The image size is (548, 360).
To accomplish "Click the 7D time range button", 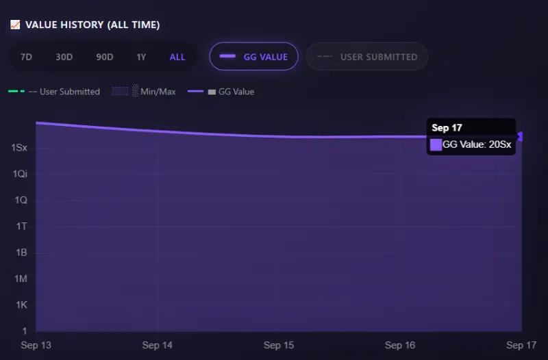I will (26, 57).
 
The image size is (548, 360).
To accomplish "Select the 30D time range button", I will (64, 57).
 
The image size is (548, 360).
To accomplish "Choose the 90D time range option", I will (105, 57).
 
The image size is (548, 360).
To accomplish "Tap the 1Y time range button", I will (141, 57).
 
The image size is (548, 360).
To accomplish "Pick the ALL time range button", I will (177, 57).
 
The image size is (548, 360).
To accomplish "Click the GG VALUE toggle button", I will (253, 57).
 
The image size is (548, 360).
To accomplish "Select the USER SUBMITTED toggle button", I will (367, 57).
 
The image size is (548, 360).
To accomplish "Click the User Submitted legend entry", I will (55, 92).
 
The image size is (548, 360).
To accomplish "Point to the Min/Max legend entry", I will (144, 92).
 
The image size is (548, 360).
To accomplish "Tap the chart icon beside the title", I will (15, 25).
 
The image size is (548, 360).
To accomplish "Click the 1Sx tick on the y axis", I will (19, 148).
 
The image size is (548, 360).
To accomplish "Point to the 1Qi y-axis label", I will (19, 174).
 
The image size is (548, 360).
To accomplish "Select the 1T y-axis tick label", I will (21, 227).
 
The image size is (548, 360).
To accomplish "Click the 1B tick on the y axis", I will (21, 253).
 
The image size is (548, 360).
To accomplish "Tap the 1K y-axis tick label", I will (21, 305).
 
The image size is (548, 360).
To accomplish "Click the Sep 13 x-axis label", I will (36, 346).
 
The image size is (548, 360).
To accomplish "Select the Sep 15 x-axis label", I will (278, 346).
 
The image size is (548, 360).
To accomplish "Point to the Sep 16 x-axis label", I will (400, 346).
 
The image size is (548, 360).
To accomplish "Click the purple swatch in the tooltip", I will (436, 144).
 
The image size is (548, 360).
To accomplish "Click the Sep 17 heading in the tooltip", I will (447, 128).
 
